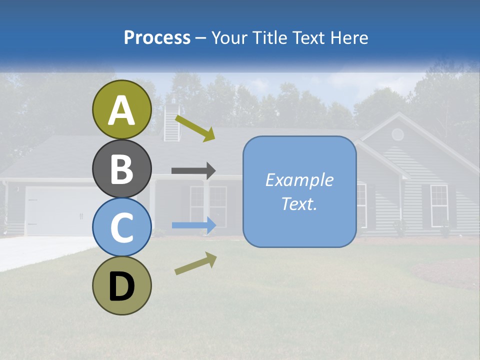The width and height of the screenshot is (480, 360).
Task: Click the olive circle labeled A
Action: (x=121, y=109)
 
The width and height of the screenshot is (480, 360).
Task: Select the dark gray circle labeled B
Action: (x=121, y=168)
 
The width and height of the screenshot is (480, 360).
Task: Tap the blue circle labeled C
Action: (x=121, y=227)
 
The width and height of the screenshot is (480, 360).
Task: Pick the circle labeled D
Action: (x=121, y=285)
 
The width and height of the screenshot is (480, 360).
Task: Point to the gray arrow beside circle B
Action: (x=193, y=170)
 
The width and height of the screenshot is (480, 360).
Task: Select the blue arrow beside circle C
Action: (x=193, y=225)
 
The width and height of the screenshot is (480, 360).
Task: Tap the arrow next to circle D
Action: (x=195, y=263)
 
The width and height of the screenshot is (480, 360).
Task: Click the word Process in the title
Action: (x=157, y=37)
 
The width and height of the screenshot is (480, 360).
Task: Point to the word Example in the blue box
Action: (x=299, y=180)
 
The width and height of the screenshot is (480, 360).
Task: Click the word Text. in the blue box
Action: (x=299, y=203)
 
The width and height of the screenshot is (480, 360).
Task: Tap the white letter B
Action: (x=121, y=168)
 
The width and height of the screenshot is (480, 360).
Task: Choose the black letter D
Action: (x=121, y=287)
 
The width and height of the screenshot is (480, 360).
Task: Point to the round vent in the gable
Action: (x=397, y=134)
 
